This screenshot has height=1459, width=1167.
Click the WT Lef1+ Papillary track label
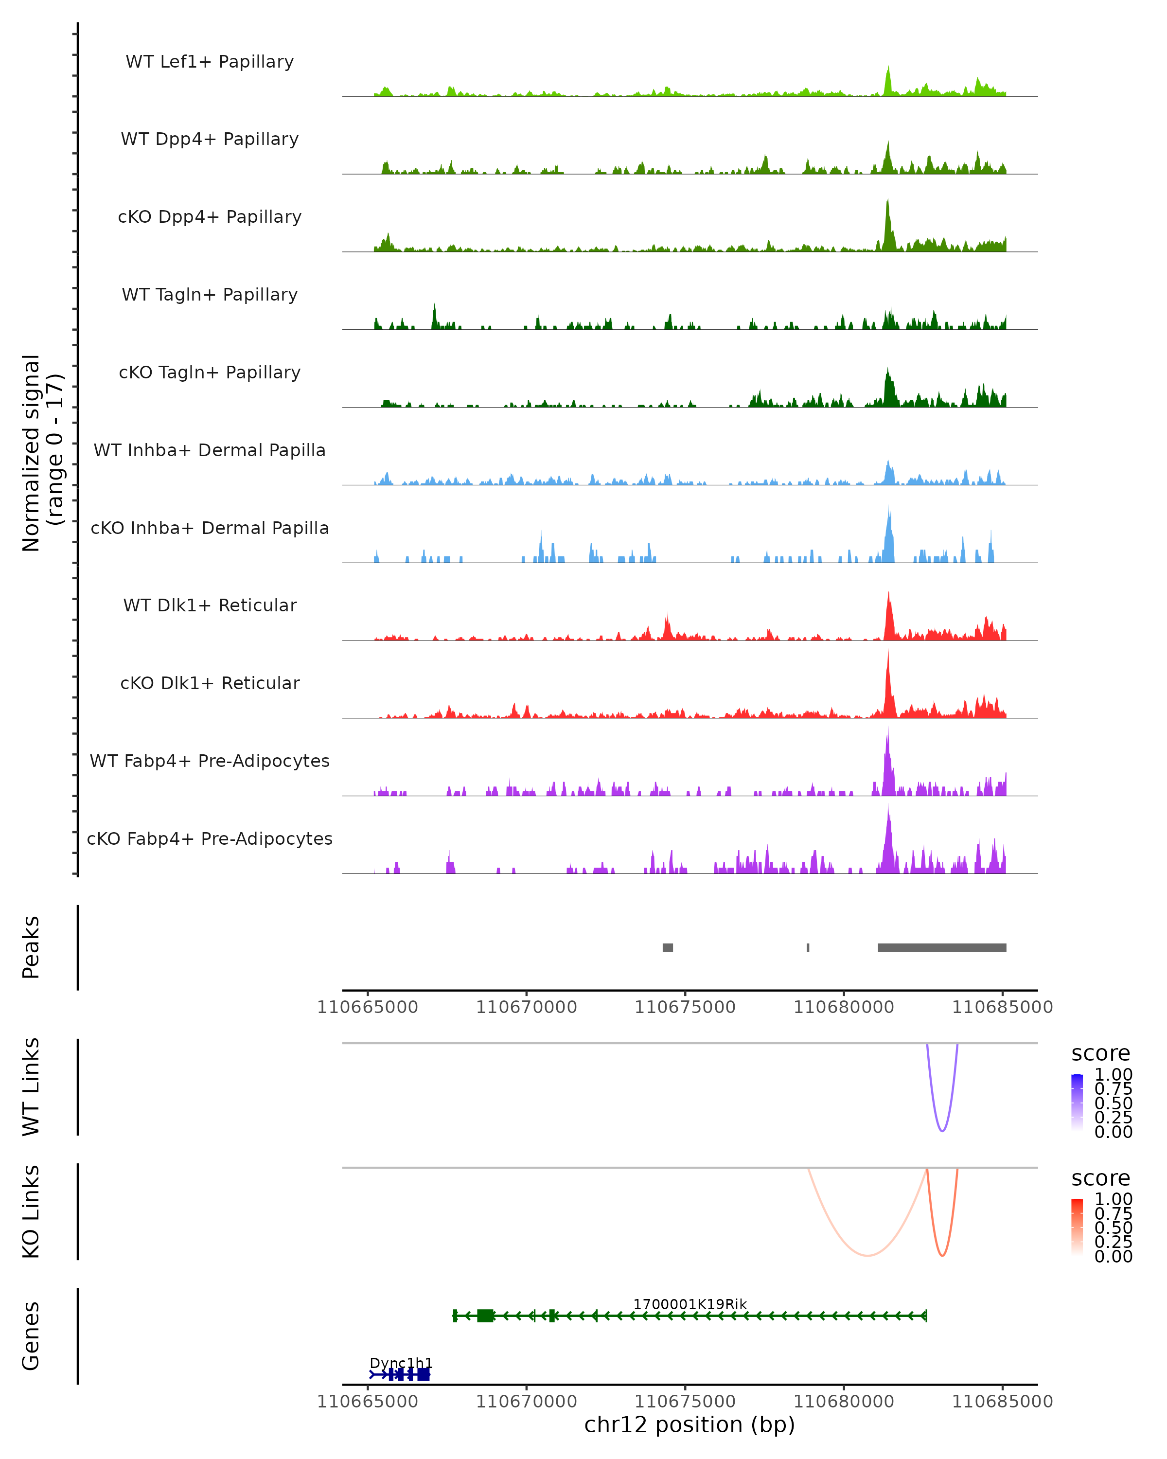point(210,62)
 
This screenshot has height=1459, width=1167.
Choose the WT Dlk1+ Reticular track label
point(210,605)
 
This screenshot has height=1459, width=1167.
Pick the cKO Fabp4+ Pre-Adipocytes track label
point(210,838)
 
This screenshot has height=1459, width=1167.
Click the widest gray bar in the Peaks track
point(942,947)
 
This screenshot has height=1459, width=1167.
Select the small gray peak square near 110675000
point(668,947)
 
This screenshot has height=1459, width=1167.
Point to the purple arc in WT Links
point(942,1130)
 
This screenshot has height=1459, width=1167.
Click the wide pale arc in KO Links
point(867,1255)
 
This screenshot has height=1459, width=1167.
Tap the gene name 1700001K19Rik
point(690,1304)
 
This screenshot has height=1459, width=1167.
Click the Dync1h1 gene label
point(401,1363)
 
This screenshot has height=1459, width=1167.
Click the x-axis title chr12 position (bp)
point(690,1425)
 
